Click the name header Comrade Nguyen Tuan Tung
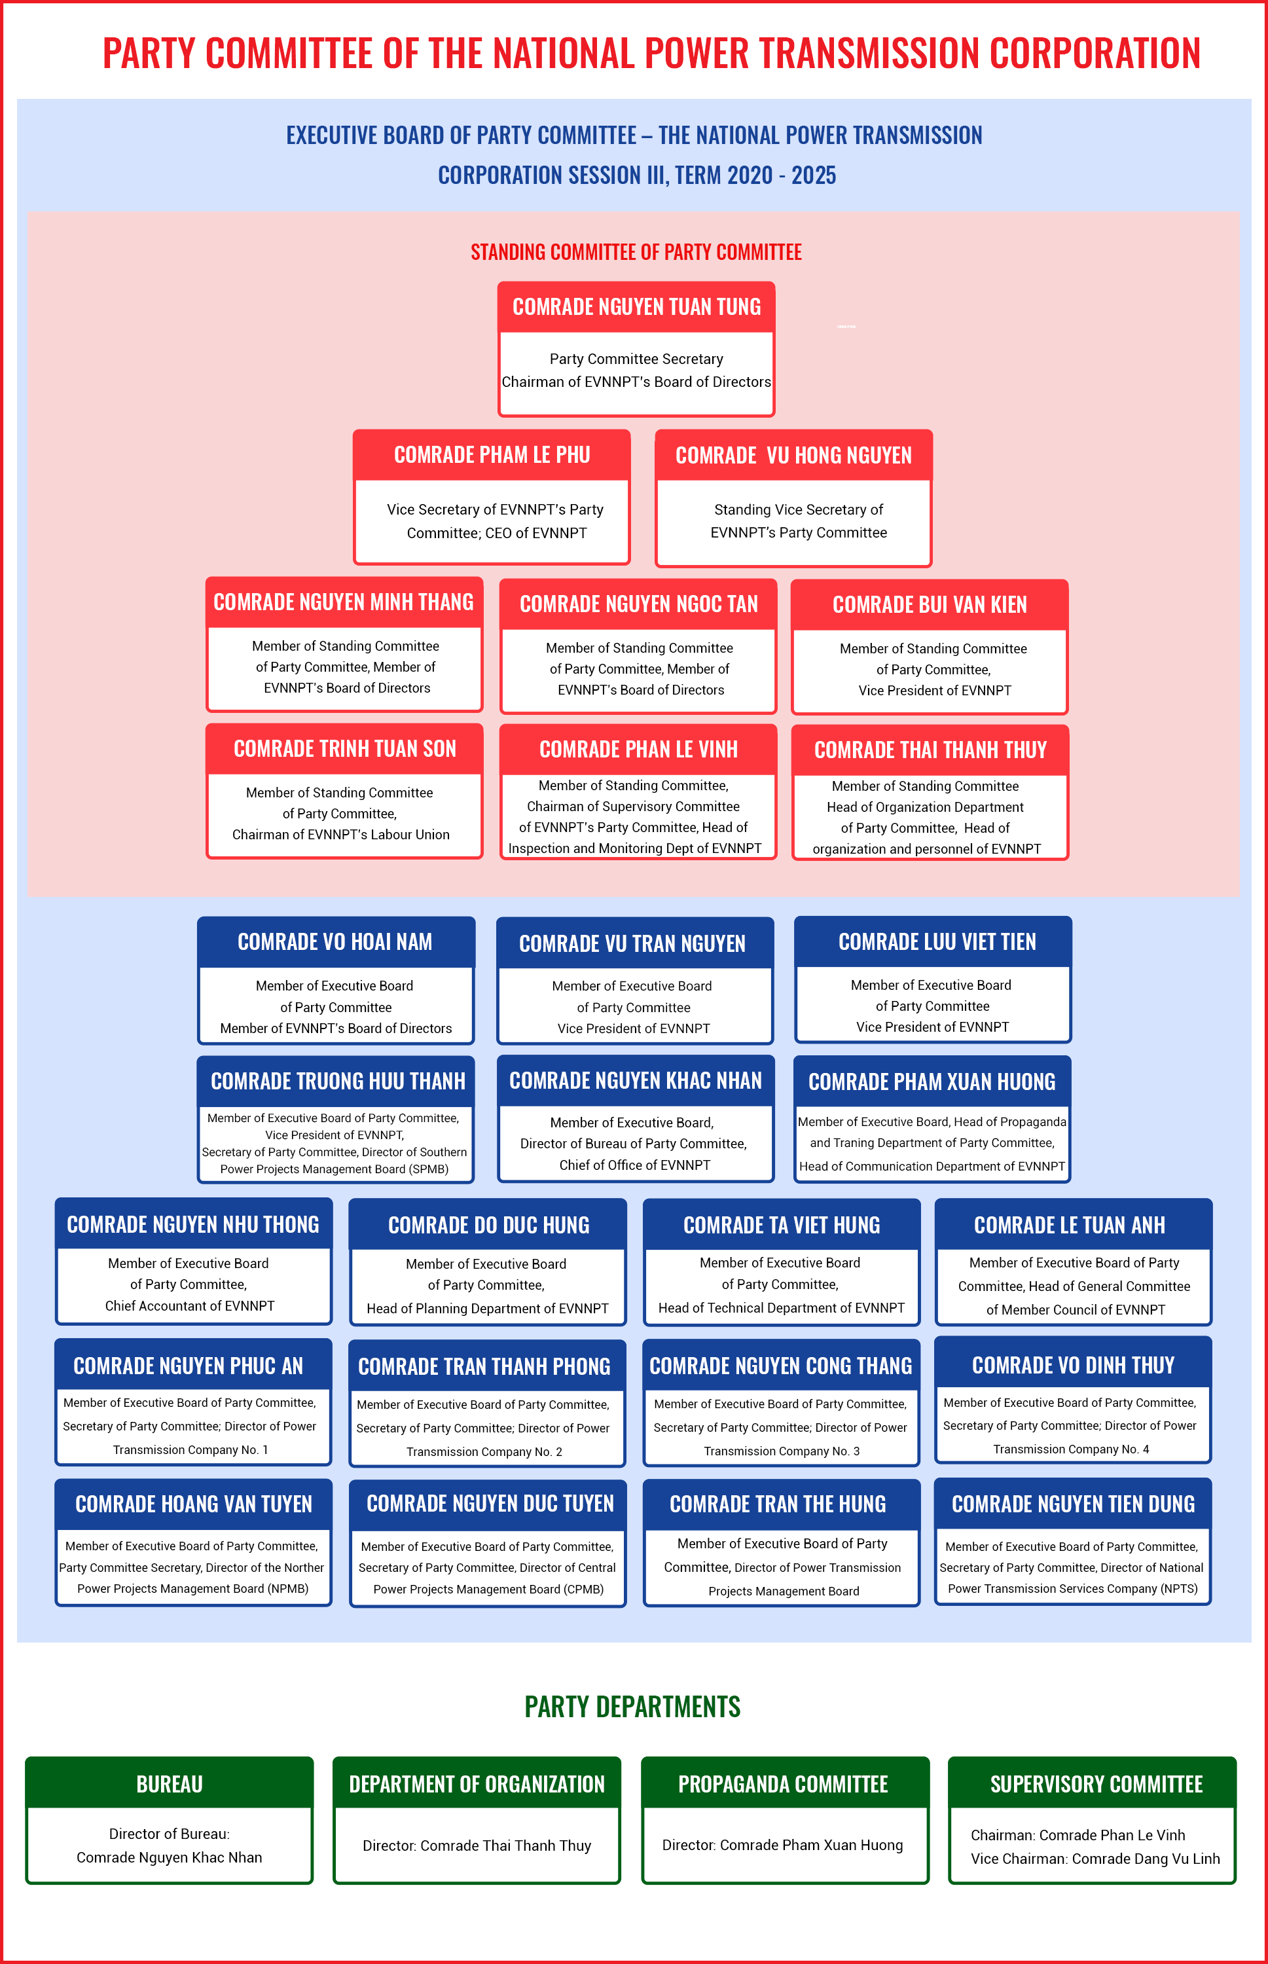coord(636,307)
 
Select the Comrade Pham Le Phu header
coord(492,454)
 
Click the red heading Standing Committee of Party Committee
coord(636,252)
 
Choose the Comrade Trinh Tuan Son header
coord(344,748)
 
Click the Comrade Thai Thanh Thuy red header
coord(930,750)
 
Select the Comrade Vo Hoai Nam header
coord(336,942)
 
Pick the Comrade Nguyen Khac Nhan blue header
coord(636,1080)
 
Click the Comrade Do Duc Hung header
coord(488,1224)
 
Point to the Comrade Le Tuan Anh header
coord(1074,1224)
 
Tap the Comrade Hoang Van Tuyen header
coord(194,1504)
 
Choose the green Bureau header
coord(170,1784)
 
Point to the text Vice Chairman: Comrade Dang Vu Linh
coord(1095,1859)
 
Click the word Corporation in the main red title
coord(1095,54)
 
